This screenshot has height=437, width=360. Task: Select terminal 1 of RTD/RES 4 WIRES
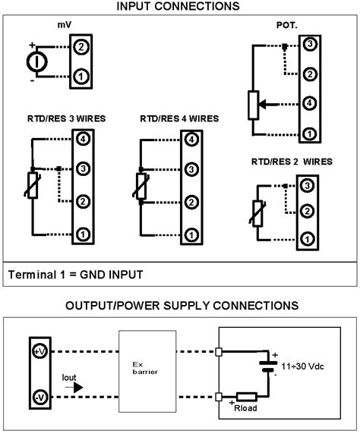coord(191,232)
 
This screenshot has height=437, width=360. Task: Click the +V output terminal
coord(38,351)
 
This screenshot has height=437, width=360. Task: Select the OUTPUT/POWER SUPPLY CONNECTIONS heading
coord(180,306)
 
